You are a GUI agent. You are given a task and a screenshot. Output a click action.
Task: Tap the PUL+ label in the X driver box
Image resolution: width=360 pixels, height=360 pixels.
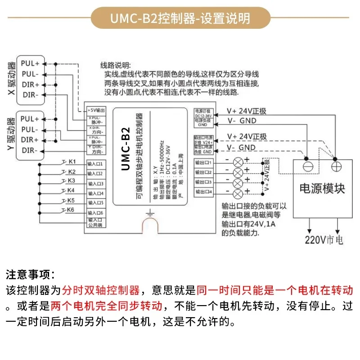tap(31, 63)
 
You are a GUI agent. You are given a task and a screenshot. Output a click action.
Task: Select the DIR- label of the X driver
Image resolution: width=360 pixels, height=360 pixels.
tap(31, 94)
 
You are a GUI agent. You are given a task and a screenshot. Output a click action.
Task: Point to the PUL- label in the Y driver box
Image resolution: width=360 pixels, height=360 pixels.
tap(31, 129)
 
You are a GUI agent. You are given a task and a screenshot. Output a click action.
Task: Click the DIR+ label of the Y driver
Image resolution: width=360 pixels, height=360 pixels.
tap(31, 139)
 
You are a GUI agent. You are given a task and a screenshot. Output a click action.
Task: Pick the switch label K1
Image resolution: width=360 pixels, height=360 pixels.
tap(72, 162)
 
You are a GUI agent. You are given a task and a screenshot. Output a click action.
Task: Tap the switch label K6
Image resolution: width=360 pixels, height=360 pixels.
tap(71, 210)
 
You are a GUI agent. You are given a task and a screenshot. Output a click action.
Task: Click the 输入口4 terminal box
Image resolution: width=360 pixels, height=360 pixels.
tap(95, 193)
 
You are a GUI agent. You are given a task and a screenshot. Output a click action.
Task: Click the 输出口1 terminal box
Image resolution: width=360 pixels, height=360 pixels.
tap(203, 162)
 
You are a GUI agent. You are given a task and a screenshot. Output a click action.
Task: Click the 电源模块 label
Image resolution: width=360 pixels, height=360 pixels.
tap(322, 188)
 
